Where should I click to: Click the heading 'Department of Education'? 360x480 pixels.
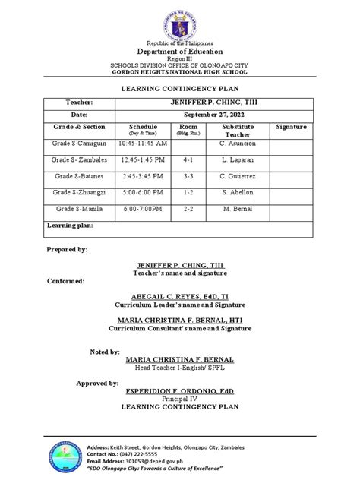pyautogui.click(x=179, y=51)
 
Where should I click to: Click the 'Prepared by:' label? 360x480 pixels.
pyautogui.click(x=67, y=249)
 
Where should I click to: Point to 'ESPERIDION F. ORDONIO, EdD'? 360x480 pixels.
pyautogui.click(x=179, y=391)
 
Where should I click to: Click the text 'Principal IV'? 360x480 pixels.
pyautogui.click(x=179, y=399)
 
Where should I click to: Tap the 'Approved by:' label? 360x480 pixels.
pyautogui.click(x=96, y=384)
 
